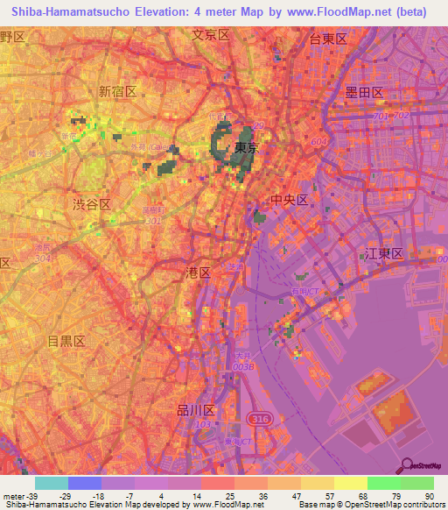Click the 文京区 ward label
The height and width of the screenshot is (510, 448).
pos(210,35)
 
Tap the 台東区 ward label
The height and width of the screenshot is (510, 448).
pos(329,39)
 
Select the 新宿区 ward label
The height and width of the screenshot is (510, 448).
pos(117,91)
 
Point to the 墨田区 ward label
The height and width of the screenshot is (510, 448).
pos(365,92)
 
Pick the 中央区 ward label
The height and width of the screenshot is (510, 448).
pos(290,201)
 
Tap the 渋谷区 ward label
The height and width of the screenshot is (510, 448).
pos(91,203)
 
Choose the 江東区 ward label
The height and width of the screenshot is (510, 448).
pos(382,253)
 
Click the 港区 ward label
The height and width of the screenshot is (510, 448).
pos(199,273)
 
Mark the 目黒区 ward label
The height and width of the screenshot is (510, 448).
pos(66,341)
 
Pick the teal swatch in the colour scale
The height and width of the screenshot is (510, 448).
pos(52,483)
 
